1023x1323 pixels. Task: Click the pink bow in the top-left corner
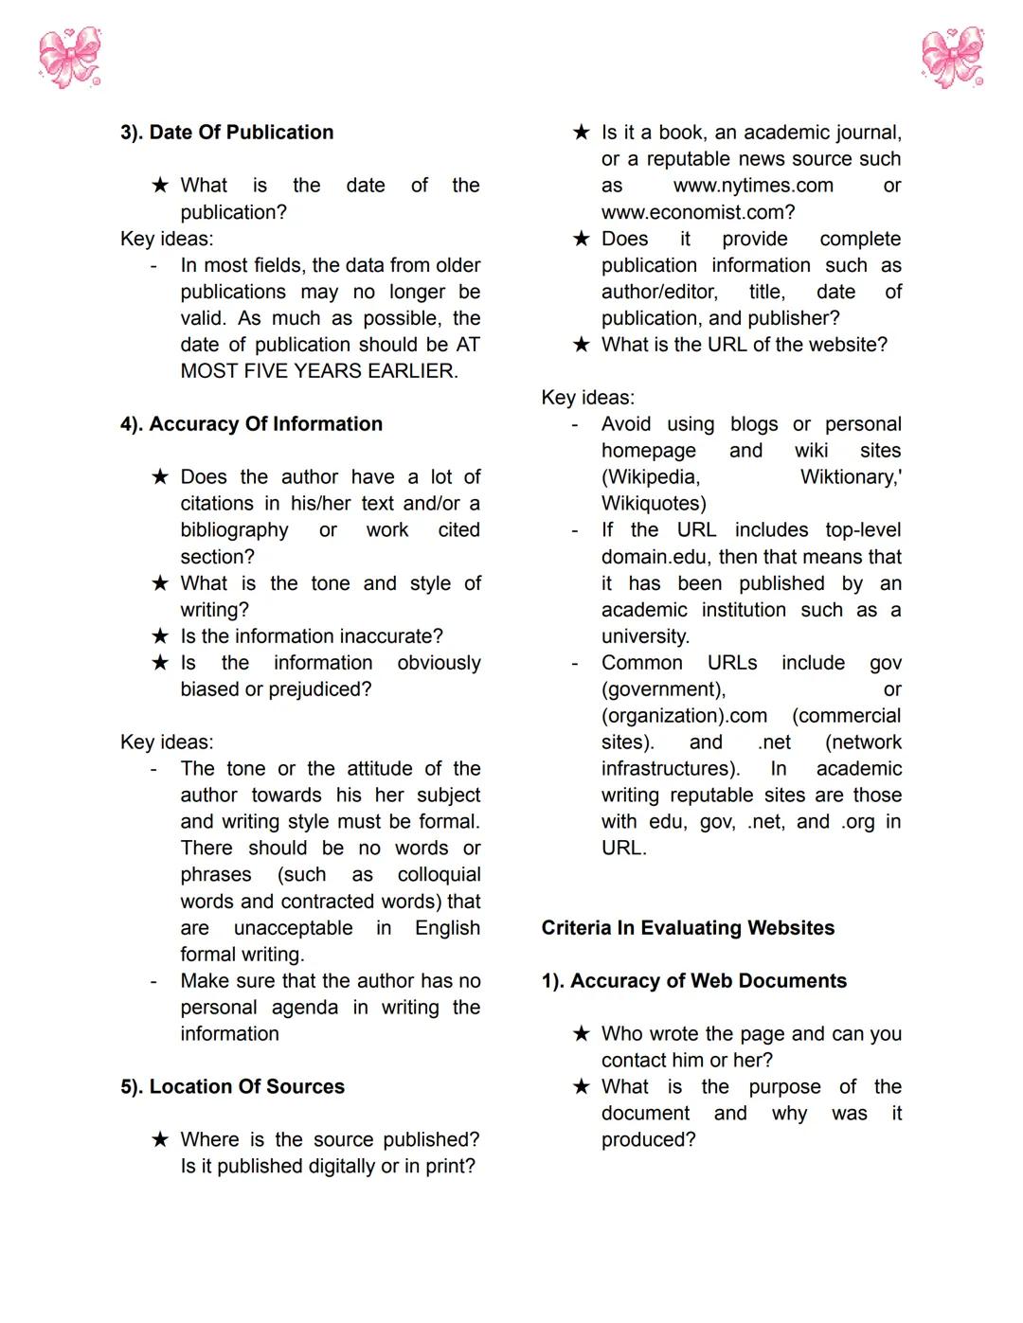(x=70, y=58)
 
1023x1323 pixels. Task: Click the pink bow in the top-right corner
(x=953, y=58)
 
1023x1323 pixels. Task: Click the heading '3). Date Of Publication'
(x=226, y=133)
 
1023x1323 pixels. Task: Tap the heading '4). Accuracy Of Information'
(x=251, y=424)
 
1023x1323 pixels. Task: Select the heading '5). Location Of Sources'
(x=232, y=1087)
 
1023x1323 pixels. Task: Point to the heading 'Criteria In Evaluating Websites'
(x=688, y=928)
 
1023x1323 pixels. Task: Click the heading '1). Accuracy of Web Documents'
(x=693, y=981)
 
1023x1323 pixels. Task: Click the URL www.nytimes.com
(x=753, y=186)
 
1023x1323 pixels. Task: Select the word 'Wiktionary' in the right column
(x=849, y=477)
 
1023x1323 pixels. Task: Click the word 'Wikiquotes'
(x=654, y=504)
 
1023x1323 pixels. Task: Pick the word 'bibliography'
(x=234, y=530)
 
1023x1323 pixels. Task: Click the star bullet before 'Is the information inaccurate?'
(x=160, y=636)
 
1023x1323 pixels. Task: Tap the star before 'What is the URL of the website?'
(x=581, y=345)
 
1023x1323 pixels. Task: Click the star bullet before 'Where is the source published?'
(x=160, y=1140)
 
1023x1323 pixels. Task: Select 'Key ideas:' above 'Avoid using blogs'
(x=587, y=398)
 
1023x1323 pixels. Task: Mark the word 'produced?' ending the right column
(x=648, y=1140)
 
